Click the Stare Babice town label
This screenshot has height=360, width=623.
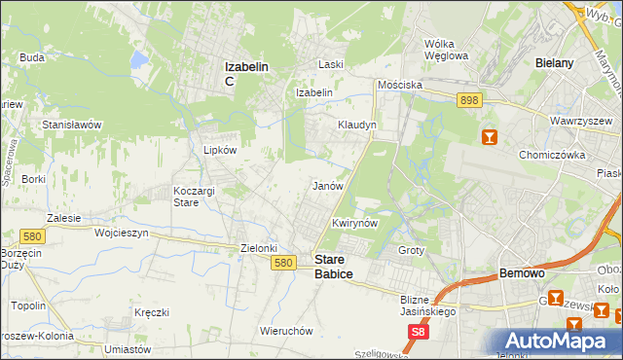(x=333, y=267)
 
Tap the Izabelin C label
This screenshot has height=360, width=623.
(x=247, y=73)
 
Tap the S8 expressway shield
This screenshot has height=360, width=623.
(x=418, y=332)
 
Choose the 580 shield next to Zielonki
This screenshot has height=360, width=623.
(x=283, y=263)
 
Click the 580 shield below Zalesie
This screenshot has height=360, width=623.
(x=32, y=235)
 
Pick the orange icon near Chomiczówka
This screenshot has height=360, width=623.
(x=490, y=137)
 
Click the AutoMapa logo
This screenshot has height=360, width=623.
(x=553, y=341)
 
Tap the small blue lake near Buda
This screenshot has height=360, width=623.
(x=139, y=59)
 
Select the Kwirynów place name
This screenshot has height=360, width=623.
(x=353, y=223)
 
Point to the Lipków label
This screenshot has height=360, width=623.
(x=219, y=151)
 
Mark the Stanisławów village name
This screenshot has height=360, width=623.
(x=72, y=125)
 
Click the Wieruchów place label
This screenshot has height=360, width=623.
(x=286, y=331)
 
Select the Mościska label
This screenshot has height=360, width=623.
(x=401, y=85)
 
